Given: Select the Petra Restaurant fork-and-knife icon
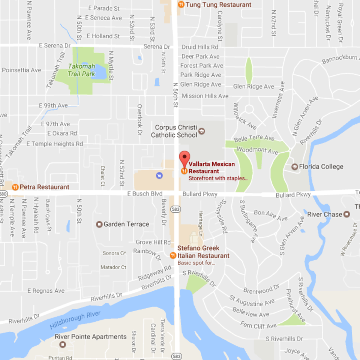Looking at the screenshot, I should click(15, 187).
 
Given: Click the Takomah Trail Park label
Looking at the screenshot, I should click(81, 70).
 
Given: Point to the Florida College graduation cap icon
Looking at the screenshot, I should click(294, 166).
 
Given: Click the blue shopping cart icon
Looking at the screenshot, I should click(159, 175).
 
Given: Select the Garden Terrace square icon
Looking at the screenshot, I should click(99, 224).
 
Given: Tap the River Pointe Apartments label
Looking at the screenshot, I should click(90, 336).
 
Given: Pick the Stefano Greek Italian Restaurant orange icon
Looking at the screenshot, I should click(173, 255).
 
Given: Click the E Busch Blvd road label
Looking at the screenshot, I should click(145, 194).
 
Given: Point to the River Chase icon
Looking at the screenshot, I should click(346, 214).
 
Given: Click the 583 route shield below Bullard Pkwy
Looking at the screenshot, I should click(176, 208).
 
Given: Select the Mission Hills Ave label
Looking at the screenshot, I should click(205, 96).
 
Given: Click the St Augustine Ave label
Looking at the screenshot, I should click(252, 301).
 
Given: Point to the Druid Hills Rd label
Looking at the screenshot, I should click(200, 47).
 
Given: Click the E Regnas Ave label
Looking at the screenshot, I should click(48, 291).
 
